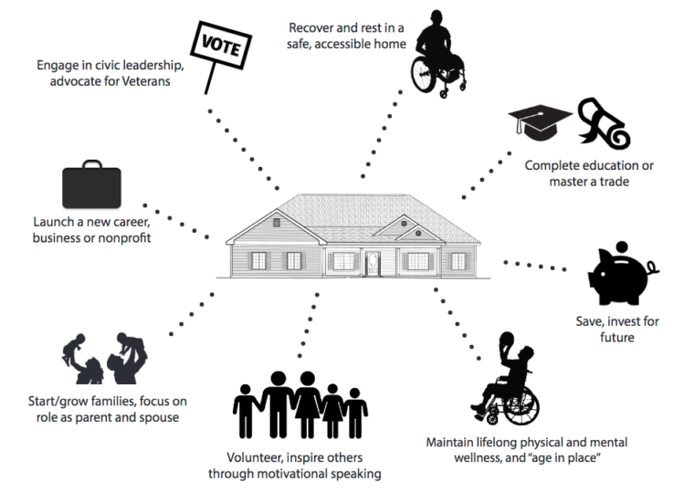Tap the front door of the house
point(373,263)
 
